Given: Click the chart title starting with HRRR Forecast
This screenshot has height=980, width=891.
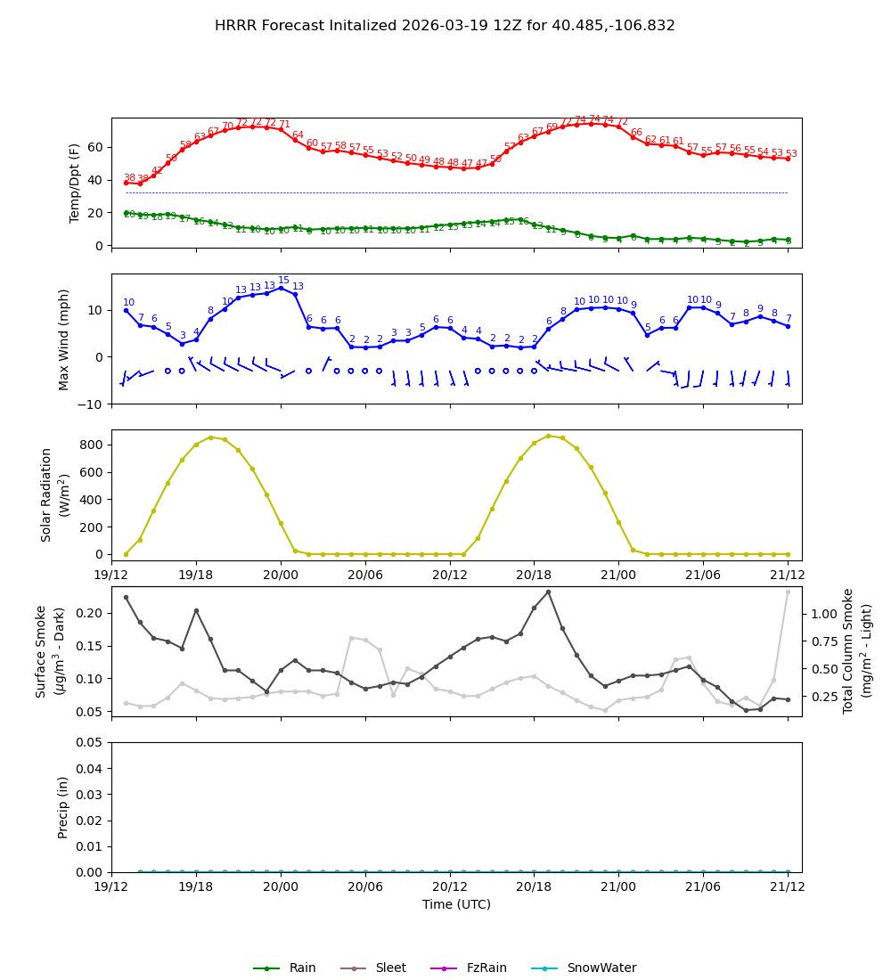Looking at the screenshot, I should (445, 26).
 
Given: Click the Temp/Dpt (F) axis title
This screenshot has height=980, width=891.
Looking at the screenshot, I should (76, 183).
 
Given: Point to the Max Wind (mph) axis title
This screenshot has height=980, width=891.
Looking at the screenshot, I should (64, 339).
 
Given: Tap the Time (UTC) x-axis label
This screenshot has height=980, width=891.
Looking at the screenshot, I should (456, 904).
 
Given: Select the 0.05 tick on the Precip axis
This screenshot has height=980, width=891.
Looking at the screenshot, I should (89, 742).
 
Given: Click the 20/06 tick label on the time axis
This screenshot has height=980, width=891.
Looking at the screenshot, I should (365, 886).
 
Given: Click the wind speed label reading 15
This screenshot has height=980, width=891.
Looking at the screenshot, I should (283, 281).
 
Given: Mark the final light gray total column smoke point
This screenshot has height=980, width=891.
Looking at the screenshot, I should (788, 592).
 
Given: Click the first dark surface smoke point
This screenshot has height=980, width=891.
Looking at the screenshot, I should (126, 597).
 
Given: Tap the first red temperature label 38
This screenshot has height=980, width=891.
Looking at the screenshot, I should (129, 178).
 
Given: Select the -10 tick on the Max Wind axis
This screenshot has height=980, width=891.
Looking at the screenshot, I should (93, 404).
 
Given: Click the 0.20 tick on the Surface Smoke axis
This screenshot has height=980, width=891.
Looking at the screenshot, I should (89, 613).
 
